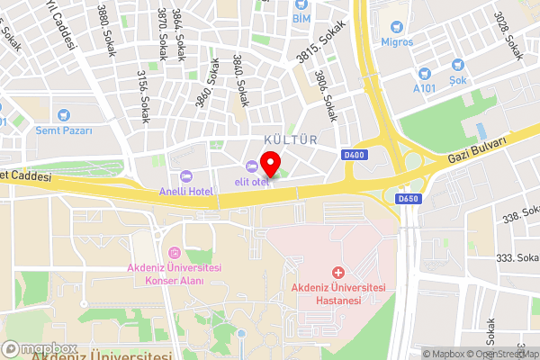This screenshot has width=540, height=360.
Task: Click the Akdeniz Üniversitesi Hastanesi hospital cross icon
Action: tap(338, 272)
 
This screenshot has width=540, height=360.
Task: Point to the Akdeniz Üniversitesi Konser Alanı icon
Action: tap(174, 252)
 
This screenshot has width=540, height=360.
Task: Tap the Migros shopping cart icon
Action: tap(398, 24)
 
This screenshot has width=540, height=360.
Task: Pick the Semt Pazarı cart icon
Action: tap(64, 115)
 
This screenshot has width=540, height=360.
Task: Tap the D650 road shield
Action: tap(408, 198)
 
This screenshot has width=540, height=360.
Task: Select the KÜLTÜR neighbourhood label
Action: tap(291, 139)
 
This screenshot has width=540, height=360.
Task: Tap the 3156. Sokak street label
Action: tap(143, 96)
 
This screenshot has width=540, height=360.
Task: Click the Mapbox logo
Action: tap(40, 348)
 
